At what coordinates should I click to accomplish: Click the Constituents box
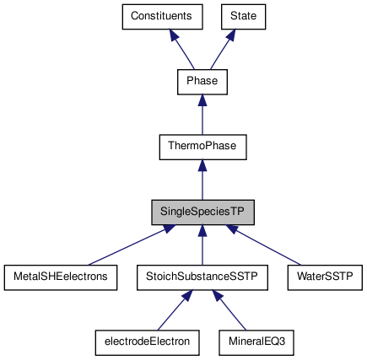pyautogui.click(x=161, y=16)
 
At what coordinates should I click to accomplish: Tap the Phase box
pyautogui.click(x=202, y=82)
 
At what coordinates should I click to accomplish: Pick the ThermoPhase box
pyautogui.click(x=202, y=147)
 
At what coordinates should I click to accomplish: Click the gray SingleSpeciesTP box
pyautogui.click(x=202, y=212)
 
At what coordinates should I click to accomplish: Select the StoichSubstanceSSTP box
pyautogui.click(x=202, y=277)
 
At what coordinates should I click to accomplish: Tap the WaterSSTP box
pyautogui.click(x=325, y=277)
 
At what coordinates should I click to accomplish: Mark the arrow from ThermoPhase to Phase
pyautogui.click(x=202, y=114)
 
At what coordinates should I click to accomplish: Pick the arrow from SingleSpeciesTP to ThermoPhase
pyautogui.click(x=202, y=179)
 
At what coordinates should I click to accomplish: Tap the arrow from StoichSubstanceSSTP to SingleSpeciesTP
pyautogui.click(x=202, y=244)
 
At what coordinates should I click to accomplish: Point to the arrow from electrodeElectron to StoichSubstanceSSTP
pyautogui.click(x=173, y=309)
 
